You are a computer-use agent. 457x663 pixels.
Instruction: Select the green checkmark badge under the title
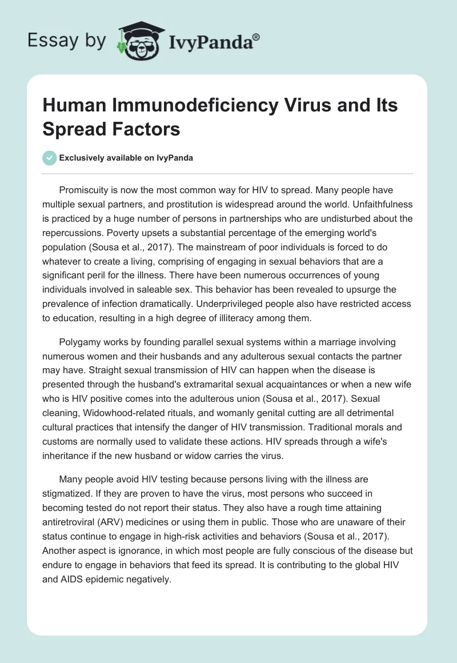click(50, 158)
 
